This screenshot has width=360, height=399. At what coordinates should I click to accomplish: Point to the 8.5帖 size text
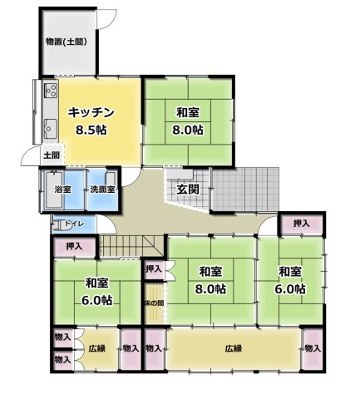(91, 130)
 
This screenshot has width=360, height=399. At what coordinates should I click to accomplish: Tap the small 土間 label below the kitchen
(52, 155)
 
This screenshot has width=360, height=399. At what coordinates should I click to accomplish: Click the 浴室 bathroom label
(62, 190)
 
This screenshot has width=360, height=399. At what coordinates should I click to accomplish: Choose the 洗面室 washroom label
(102, 190)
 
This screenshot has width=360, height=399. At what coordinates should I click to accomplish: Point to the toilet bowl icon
(63, 224)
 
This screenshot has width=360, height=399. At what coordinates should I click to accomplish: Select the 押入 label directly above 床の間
(154, 268)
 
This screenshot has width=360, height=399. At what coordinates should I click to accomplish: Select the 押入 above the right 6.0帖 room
(301, 224)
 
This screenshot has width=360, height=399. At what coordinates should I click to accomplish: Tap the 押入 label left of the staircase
(74, 246)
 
